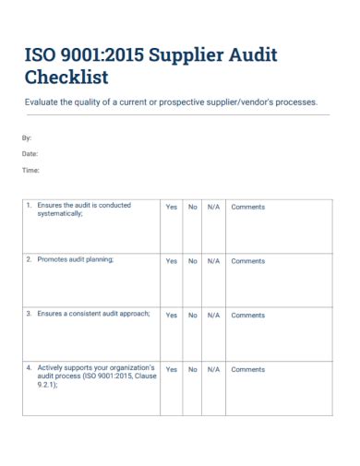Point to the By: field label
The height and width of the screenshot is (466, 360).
click(26, 137)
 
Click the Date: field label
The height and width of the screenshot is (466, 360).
click(30, 153)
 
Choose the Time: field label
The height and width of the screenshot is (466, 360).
click(30, 170)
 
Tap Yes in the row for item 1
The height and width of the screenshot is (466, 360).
click(171, 207)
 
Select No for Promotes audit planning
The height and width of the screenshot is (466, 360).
click(193, 261)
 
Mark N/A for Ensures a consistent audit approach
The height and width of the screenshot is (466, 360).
click(213, 316)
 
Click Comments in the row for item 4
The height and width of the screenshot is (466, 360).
click(247, 369)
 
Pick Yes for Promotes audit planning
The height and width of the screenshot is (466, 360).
click(171, 261)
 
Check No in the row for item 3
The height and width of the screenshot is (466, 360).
click(193, 316)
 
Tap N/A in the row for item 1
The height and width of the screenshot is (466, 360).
click(213, 207)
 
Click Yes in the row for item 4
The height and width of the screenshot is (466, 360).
click(171, 369)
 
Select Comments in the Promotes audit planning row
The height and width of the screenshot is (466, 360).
click(247, 261)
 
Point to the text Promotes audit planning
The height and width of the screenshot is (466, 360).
click(76, 259)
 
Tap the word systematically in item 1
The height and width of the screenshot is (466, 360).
click(59, 213)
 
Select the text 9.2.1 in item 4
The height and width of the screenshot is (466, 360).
click(46, 386)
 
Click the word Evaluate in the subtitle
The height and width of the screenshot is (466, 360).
click(42, 102)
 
